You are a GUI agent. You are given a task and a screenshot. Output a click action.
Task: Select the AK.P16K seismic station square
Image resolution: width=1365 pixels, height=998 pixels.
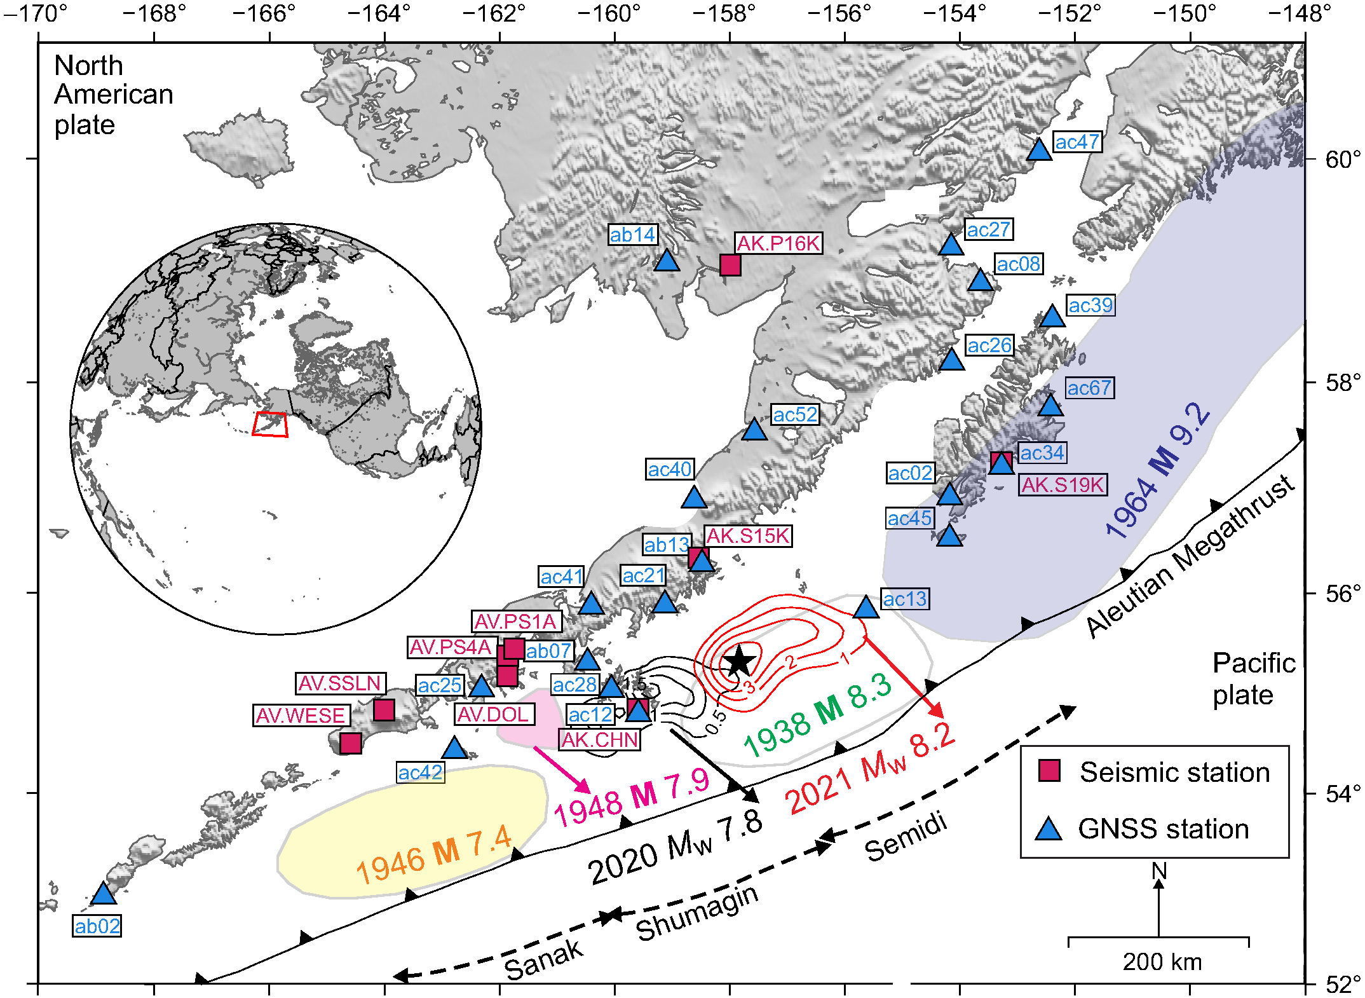[730, 264]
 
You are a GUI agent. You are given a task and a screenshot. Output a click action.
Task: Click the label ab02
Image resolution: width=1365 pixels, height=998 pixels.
[97, 926]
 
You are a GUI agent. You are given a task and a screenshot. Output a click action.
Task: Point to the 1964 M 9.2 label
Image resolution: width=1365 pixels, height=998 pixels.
[1157, 470]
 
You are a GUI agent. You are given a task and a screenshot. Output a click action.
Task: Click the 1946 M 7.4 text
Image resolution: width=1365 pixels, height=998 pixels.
[433, 854]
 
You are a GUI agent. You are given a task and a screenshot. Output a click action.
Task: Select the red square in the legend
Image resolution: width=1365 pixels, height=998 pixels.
[1049, 770]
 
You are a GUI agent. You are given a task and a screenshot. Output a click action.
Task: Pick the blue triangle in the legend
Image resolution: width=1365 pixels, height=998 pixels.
[1049, 829]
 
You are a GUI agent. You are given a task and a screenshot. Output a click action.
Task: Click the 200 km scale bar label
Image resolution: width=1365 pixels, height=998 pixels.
[1162, 962]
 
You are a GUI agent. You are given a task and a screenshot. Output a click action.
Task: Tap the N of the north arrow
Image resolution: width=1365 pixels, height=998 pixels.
[1159, 871]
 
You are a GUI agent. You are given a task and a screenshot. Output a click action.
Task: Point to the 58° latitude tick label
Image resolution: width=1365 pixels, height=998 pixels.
[1342, 383]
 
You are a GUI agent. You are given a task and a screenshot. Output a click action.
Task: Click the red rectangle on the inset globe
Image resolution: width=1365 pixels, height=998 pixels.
[270, 424]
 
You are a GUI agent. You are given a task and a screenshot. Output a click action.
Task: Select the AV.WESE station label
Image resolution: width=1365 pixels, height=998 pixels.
[300, 715]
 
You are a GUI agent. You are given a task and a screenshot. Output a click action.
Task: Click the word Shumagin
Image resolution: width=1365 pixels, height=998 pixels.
[697, 913]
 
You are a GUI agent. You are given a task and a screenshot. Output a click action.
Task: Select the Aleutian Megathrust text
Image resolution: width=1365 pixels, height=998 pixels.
[1190, 556]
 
